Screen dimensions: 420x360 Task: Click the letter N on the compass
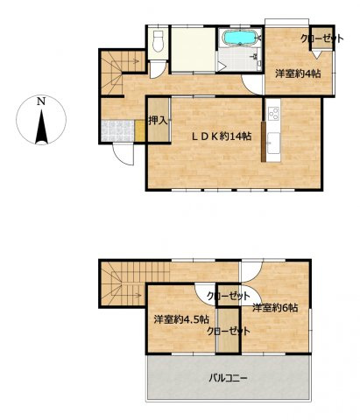pyautogui.click(x=41, y=101)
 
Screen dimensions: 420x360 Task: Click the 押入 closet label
pyautogui.click(x=158, y=121)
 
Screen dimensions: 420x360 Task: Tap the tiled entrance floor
pyautogui.click(x=116, y=130)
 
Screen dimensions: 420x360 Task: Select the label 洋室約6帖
pyautogui.click(x=276, y=307)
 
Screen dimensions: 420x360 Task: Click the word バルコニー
pyautogui.click(x=228, y=378)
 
